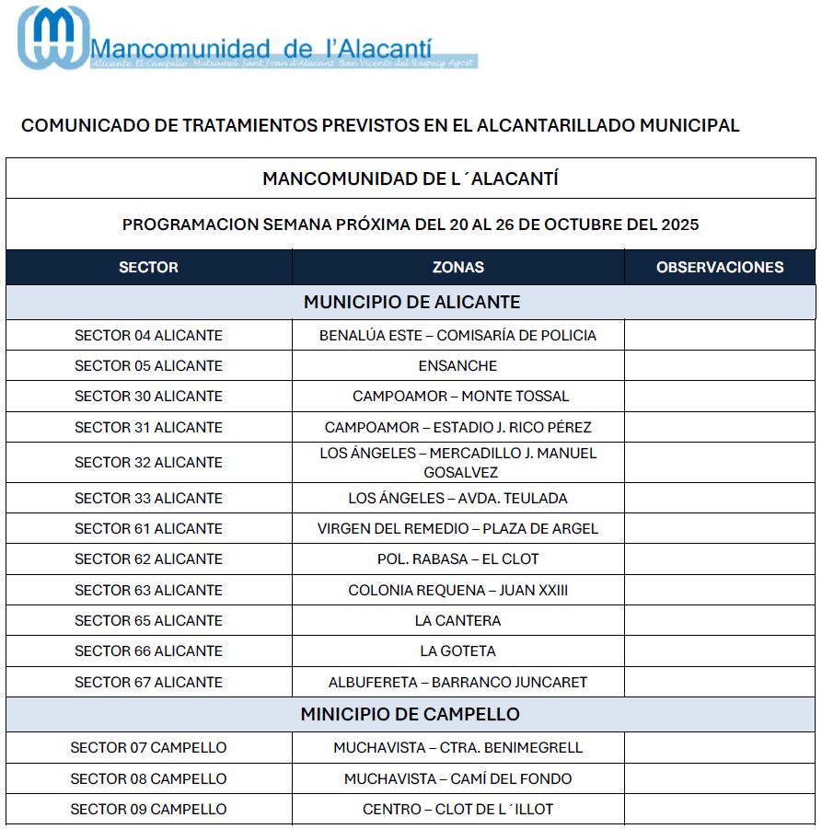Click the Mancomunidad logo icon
click(53, 38)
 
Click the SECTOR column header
click(148, 268)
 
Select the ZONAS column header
click(457, 268)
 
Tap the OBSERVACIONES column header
click(720, 268)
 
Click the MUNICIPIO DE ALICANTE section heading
click(411, 302)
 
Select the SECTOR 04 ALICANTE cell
click(148, 336)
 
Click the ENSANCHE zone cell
click(457, 366)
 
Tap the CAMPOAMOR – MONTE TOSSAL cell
click(460, 397)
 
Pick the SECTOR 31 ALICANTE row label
click(148, 428)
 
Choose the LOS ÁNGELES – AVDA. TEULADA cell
click(457, 499)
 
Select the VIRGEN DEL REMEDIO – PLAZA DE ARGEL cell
click(457, 529)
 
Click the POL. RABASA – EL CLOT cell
click(457, 559)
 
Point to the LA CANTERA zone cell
click(457, 621)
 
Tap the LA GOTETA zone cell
click(457, 651)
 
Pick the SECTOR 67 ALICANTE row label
click(148, 683)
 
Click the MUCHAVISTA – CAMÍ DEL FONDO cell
click(457, 779)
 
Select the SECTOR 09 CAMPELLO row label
click(148, 810)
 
